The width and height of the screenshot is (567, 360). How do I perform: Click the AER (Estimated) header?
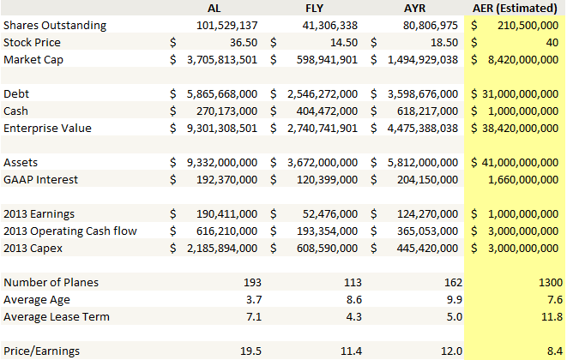point(517,9)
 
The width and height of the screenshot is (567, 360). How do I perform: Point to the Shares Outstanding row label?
point(55,25)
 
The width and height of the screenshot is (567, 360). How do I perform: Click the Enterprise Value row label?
point(47,128)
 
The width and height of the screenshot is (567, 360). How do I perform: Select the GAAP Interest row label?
point(41,179)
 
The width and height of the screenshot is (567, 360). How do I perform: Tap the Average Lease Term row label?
point(58,316)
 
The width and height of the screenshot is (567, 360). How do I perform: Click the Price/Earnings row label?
point(41,351)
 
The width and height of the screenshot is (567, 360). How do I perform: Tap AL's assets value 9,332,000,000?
point(220,162)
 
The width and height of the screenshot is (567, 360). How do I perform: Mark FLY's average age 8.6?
point(347,299)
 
